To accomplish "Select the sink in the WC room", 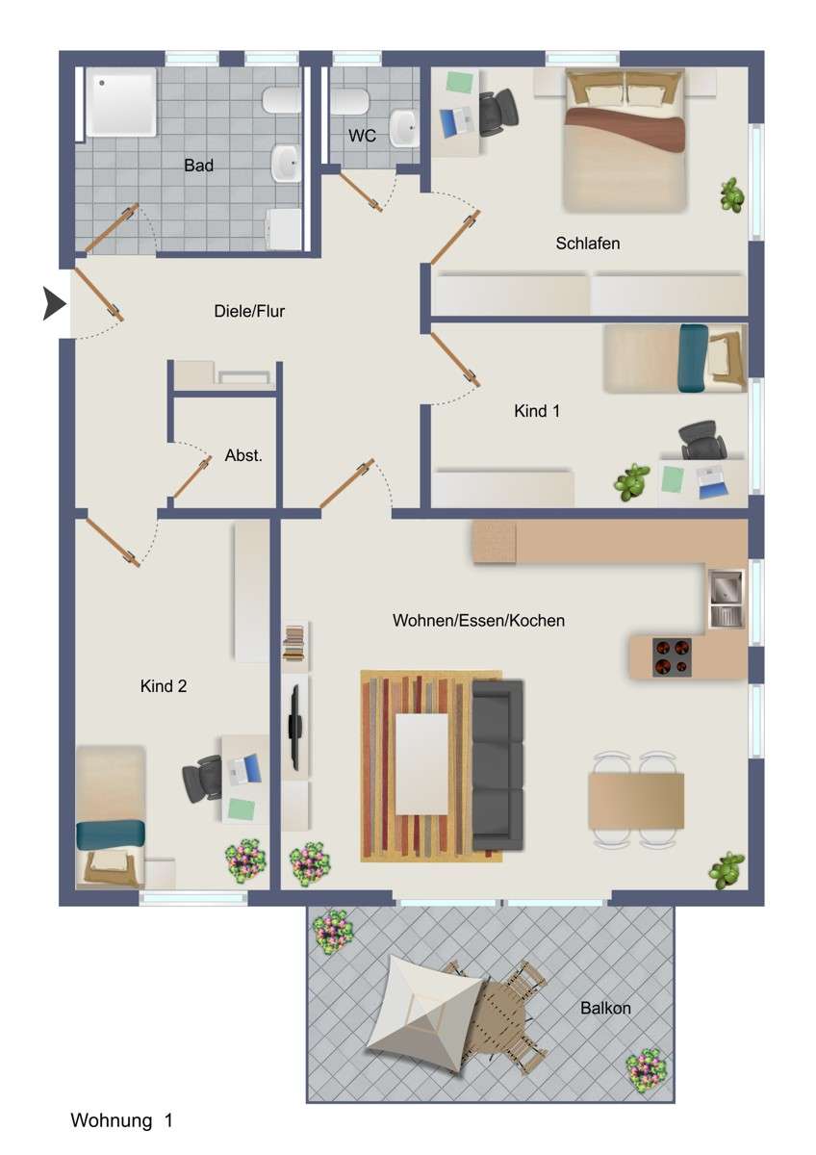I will click(405, 127).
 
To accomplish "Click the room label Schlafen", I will click(587, 244).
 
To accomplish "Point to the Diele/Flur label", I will click(249, 311).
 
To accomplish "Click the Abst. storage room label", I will click(243, 455).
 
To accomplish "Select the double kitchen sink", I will click(726, 598).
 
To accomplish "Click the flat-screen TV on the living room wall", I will click(296, 722).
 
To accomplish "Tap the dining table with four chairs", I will click(637, 800).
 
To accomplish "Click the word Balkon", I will click(605, 1009).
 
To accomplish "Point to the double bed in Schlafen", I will click(625, 140).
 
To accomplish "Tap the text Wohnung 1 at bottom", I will click(121, 1120).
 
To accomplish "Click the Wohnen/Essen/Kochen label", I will click(478, 621).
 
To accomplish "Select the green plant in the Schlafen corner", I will click(732, 195).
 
